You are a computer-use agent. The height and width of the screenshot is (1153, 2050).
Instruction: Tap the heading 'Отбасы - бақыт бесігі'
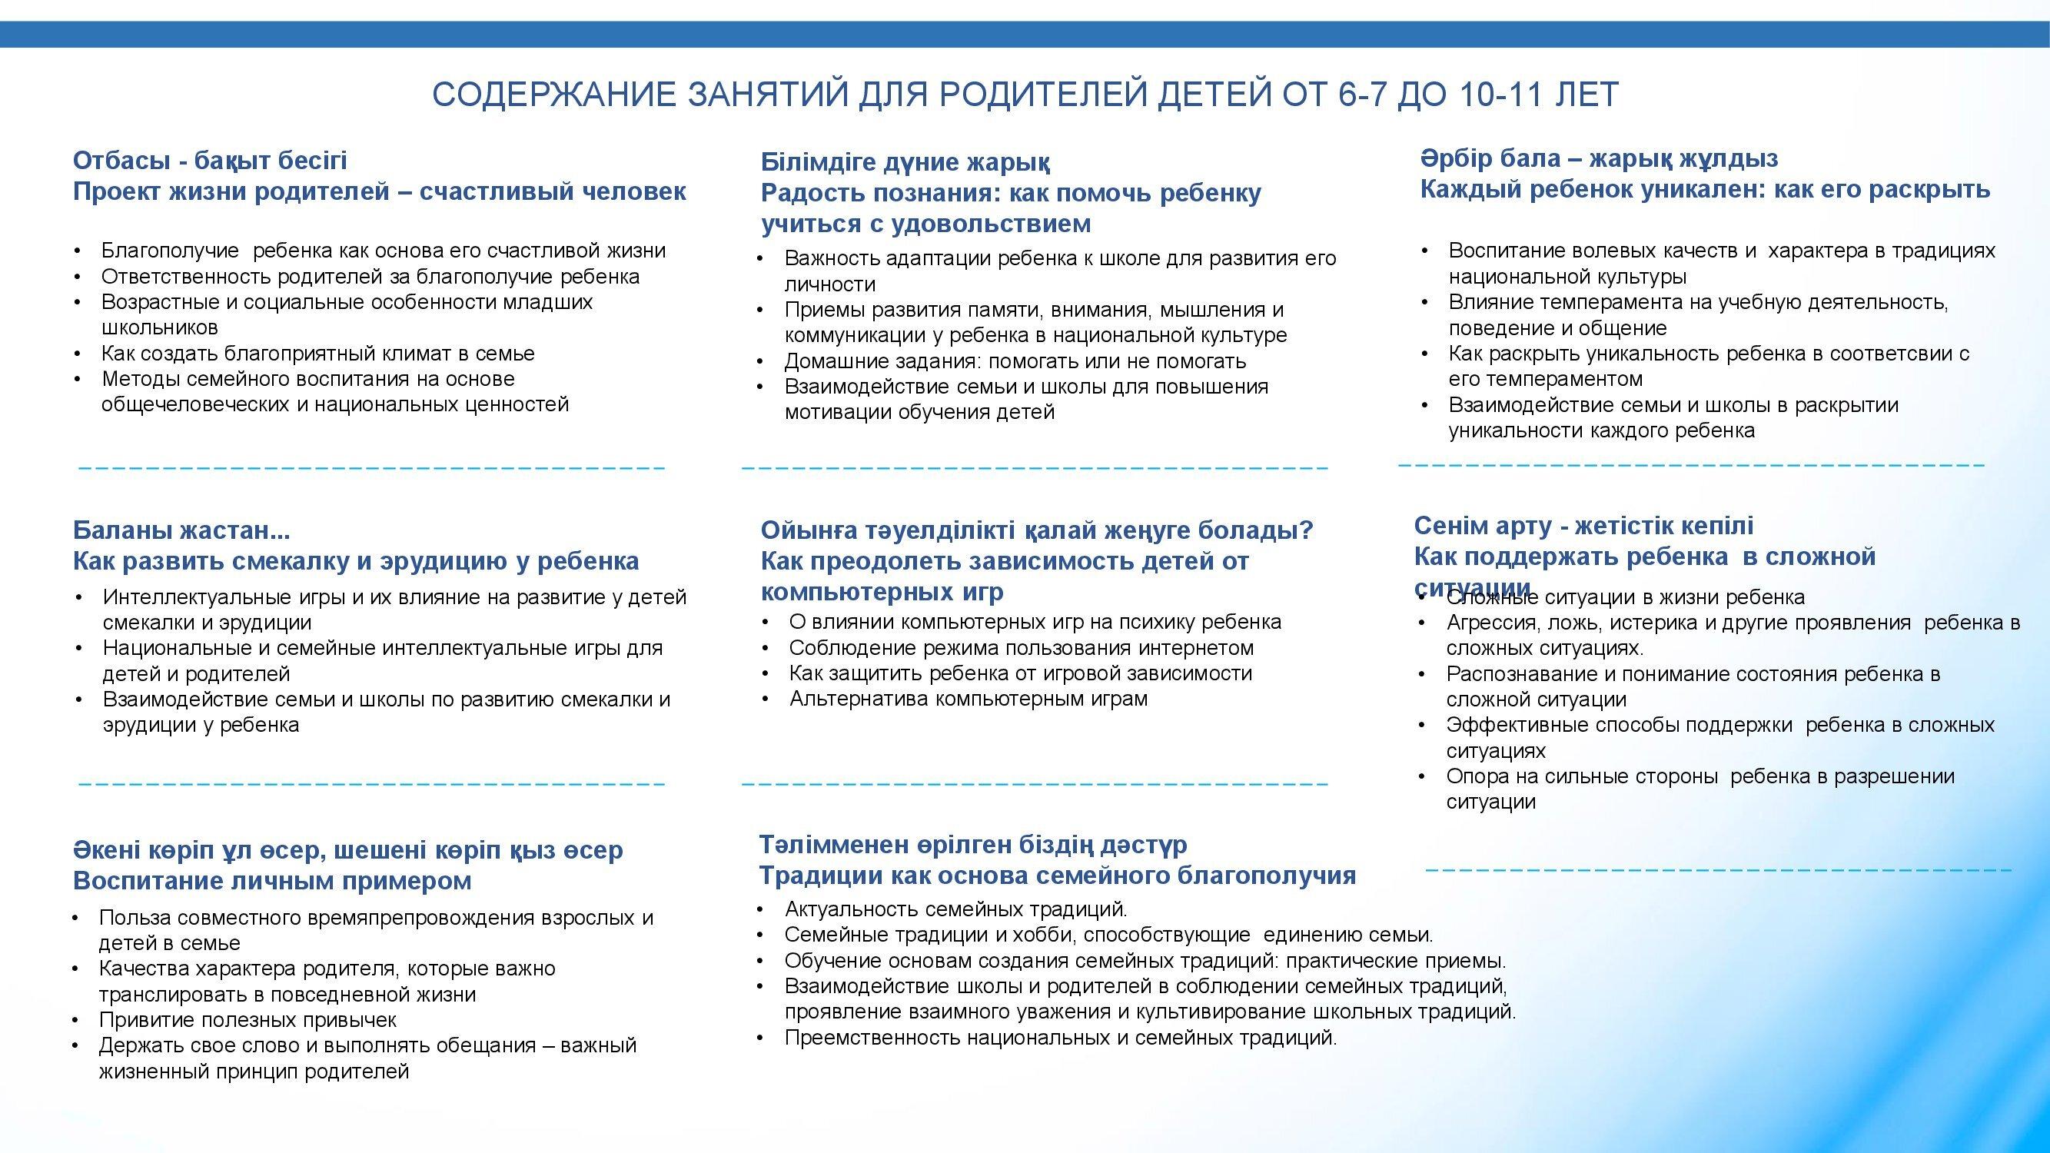click(x=210, y=161)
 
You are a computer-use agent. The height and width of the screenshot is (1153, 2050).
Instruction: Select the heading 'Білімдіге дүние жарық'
click(x=905, y=162)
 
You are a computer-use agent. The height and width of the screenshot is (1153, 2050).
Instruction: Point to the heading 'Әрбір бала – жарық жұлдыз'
click(x=1600, y=159)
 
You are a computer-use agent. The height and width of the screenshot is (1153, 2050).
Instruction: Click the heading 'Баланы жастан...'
click(x=181, y=530)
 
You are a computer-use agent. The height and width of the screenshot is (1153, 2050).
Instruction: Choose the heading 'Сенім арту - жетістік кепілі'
click(x=1583, y=526)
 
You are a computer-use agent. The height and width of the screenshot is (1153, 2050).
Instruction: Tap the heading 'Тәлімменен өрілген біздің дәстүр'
click(x=972, y=844)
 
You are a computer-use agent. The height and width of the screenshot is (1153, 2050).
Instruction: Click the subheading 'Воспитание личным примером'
click(x=272, y=881)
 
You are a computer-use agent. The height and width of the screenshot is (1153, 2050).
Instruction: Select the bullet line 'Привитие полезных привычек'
click(x=248, y=1019)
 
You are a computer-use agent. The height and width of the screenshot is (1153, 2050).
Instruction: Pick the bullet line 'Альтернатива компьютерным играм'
click(x=969, y=699)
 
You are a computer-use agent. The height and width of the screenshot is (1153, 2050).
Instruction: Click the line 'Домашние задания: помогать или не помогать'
click(x=1015, y=361)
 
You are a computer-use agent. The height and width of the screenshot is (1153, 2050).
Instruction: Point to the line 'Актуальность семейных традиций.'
click(x=955, y=909)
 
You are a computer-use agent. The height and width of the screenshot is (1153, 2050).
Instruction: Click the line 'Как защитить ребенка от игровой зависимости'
click(x=1020, y=673)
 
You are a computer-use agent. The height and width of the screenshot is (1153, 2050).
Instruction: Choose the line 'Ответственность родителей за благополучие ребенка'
click(x=370, y=277)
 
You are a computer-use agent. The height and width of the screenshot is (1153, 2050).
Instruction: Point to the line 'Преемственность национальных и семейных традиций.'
click(x=1061, y=1038)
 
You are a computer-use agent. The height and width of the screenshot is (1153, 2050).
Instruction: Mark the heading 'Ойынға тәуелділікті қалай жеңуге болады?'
click(x=1037, y=530)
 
